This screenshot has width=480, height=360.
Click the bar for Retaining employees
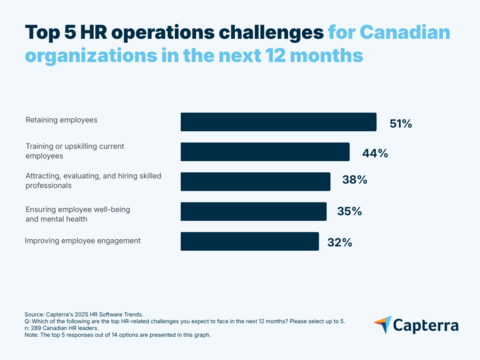pos(278,122)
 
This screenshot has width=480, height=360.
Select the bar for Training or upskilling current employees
pos(265,152)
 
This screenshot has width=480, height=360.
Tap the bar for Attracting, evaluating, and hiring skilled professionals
pos(255,181)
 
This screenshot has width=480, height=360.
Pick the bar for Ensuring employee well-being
pos(253,211)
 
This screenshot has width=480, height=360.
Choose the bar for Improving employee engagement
pos(249,241)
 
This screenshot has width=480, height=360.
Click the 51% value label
pos(400,123)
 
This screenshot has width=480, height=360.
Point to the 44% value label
pos(375,153)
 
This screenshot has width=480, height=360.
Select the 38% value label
pos(355,182)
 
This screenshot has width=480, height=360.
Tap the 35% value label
pos(351,212)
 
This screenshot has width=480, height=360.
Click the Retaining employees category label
pos(62,121)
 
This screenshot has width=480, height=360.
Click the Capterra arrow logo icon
pos(383,325)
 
